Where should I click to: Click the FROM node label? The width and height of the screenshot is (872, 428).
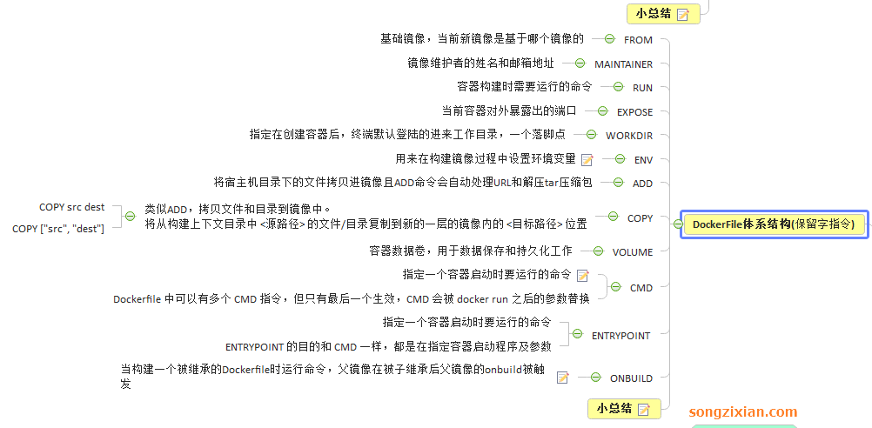click(x=638, y=40)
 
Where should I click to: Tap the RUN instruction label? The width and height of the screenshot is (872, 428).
click(x=642, y=88)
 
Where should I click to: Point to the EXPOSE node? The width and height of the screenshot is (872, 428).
click(x=634, y=111)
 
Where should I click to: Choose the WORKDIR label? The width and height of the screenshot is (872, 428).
click(x=629, y=136)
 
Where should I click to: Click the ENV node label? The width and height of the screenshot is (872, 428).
click(x=643, y=159)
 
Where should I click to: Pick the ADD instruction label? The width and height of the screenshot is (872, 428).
click(x=642, y=184)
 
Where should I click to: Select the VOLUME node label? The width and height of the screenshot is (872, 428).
click(x=632, y=252)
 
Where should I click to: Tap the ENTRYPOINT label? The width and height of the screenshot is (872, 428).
click(x=620, y=335)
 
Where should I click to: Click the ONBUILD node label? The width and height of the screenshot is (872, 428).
click(x=631, y=378)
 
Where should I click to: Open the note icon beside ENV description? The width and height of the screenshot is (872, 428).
click(x=587, y=159)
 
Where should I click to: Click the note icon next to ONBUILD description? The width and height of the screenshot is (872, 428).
click(x=563, y=378)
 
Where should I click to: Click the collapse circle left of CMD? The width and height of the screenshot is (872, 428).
click(x=614, y=287)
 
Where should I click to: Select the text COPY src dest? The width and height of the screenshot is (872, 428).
click(x=71, y=207)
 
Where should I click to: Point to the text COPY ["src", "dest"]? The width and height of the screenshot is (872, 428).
click(x=58, y=229)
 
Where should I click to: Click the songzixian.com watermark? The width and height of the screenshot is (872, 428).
click(x=742, y=412)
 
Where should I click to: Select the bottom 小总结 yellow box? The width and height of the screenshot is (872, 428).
click(x=623, y=408)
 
